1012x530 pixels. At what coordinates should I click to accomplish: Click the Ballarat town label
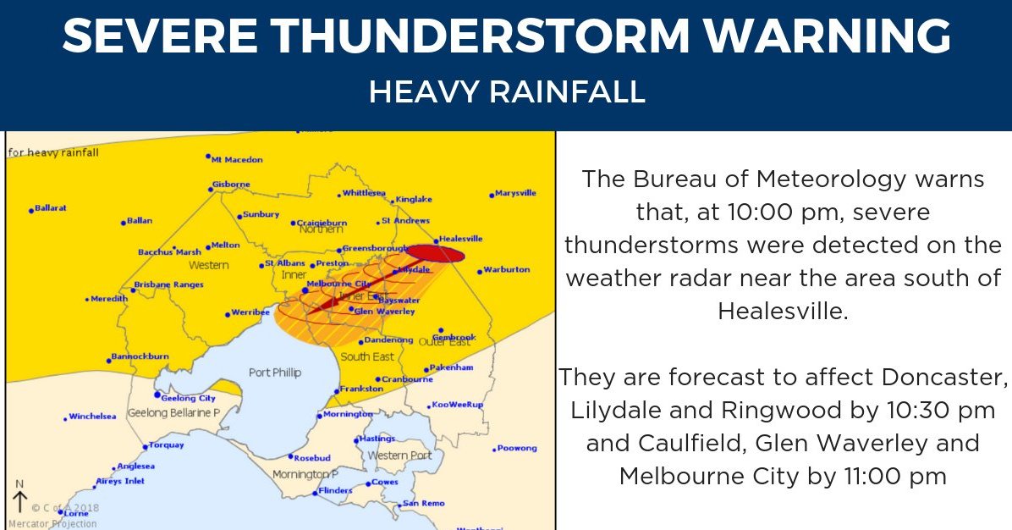(51, 207)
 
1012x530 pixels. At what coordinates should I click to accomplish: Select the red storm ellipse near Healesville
(436, 253)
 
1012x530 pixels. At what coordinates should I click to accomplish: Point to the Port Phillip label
(275, 373)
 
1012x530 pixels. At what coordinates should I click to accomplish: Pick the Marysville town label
(515, 193)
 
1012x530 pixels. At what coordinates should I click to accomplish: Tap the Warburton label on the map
(506, 270)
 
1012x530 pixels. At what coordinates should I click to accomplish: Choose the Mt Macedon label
(237, 159)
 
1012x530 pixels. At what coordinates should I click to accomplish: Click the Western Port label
(399, 455)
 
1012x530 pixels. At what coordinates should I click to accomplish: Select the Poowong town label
(517, 448)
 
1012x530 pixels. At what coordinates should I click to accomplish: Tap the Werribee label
(252, 313)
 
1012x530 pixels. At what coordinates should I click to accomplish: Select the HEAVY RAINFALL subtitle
(507, 92)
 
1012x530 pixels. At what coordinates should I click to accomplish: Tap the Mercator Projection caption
(52, 523)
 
